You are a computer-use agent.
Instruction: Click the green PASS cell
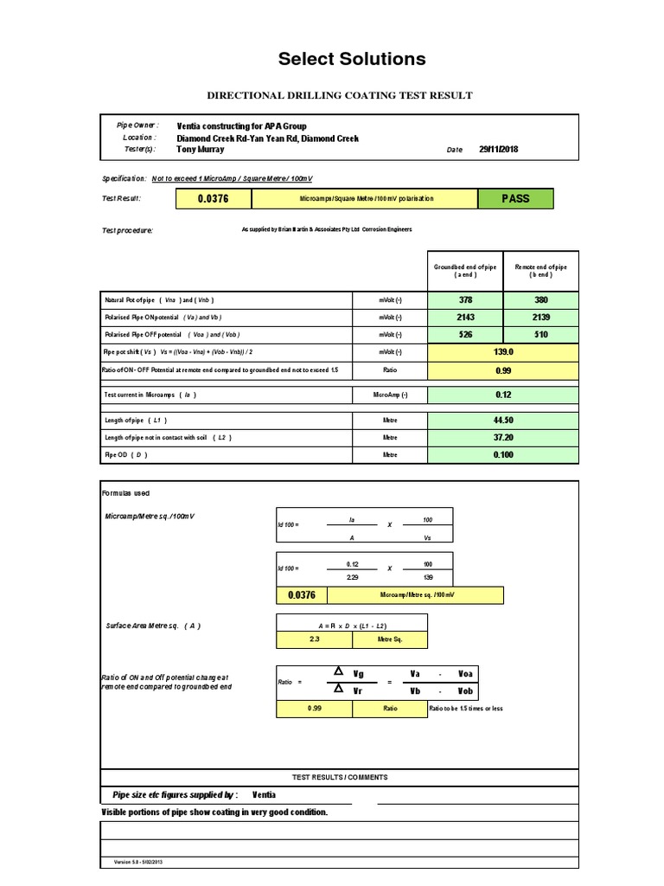[515, 198]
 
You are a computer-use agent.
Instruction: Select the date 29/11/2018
[498, 149]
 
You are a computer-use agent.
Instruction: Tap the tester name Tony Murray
[200, 149]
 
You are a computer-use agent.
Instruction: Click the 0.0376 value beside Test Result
[214, 198]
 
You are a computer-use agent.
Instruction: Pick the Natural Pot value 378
[465, 299]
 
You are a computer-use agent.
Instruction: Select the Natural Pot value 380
[539, 299]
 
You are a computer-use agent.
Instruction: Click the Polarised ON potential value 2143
[465, 317]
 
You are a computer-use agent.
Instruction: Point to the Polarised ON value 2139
[539, 317]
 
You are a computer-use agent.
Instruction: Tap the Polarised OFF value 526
[465, 334]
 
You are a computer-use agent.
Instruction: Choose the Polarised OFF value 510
[539, 334]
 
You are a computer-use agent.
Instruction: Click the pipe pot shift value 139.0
[503, 352]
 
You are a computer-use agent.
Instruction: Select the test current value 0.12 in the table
[503, 395]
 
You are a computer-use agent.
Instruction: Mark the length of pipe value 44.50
[503, 420]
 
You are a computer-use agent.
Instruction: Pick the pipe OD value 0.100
[503, 454]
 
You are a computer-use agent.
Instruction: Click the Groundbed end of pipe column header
[465, 271]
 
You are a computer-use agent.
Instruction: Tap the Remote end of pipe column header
[539, 271]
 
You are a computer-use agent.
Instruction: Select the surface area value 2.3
[314, 640]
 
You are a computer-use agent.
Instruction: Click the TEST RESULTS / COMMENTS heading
[339, 777]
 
